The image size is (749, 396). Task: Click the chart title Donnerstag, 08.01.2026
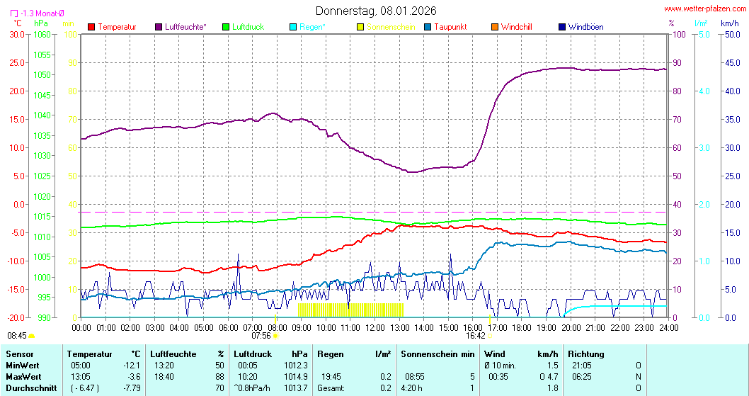376,11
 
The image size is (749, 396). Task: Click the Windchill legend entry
516,27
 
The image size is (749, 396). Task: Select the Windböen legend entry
585,27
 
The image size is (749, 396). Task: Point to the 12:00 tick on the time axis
374,327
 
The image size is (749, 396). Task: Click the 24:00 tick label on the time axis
668,327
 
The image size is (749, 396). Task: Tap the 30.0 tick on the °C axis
16,34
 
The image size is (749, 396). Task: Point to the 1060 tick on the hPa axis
42,34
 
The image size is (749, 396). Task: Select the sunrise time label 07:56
261,336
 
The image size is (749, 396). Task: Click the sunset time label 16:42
476,336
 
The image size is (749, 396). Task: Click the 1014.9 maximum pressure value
299,376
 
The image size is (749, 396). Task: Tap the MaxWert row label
23,376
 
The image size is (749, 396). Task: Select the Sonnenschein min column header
438,353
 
